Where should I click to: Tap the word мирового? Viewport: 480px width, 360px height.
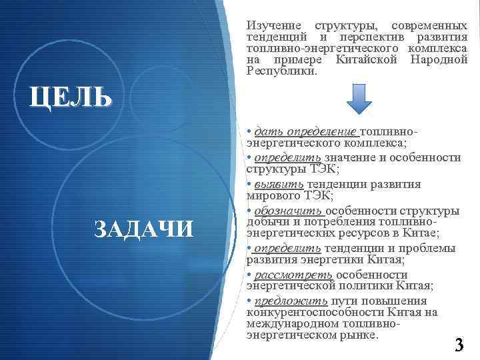[x=272, y=195]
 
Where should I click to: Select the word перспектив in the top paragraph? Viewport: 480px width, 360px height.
[x=363, y=37]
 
